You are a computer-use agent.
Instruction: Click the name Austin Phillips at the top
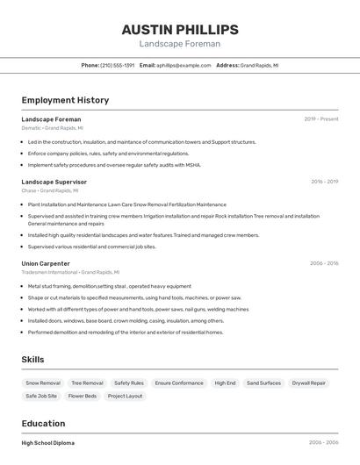[x=179, y=29]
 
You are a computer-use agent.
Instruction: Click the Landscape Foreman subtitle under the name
[x=179, y=44]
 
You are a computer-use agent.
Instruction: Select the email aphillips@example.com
[x=184, y=65]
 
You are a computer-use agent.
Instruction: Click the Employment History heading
[x=65, y=100]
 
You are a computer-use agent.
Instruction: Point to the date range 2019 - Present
[x=320, y=118]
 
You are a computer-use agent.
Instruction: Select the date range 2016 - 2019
[x=324, y=182]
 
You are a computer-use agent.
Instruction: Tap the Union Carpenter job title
[x=46, y=263]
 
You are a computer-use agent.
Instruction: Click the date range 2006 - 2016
[x=324, y=263]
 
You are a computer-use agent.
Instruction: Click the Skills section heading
[x=33, y=359]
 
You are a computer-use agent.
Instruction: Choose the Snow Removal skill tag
[x=43, y=383]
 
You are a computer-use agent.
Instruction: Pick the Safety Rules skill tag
[x=129, y=383]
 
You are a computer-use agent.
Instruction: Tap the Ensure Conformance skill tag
[x=179, y=383]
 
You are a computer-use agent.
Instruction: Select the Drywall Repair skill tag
[x=309, y=383]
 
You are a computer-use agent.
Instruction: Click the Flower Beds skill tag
[x=83, y=397]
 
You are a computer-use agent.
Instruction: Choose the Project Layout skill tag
[x=125, y=397]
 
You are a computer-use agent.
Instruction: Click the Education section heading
[x=43, y=423]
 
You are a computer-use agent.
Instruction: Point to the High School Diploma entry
[x=48, y=443]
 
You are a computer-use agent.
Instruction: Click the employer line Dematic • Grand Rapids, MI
[x=52, y=128]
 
